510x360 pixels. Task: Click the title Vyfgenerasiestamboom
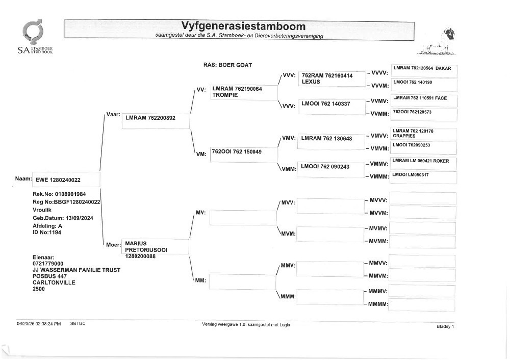(243, 26)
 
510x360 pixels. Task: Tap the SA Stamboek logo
(35, 36)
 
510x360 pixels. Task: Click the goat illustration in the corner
(437, 42)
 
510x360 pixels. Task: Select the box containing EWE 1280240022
(66, 179)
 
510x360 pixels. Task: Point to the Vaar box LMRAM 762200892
(156, 121)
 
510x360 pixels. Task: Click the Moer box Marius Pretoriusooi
(155, 246)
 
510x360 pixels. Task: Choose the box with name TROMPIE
(244, 92)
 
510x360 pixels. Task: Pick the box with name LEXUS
(332, 79)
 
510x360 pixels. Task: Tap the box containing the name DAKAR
(424, 71)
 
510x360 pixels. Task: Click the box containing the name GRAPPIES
(423, 134)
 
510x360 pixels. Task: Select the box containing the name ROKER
(423, 164)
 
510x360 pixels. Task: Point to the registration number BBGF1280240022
(77, 202)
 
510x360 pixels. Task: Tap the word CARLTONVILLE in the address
(54, 282)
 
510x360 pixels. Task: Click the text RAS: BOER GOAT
(227, 65)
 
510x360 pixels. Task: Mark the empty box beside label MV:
(243, 218)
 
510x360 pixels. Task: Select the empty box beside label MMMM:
(422, 305)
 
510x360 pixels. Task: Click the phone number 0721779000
(48, 264)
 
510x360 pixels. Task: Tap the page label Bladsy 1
(445, 326)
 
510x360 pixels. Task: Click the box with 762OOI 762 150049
(244, 155)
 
